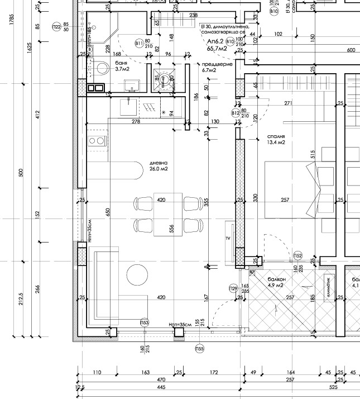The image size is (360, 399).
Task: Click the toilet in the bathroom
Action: [101, 68]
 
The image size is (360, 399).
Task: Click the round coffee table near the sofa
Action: [137, 274]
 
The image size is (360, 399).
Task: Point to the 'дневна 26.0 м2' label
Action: [159, 166]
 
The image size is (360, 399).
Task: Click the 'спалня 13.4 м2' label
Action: [276, 139]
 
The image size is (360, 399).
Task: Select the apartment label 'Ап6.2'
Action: [215, 42]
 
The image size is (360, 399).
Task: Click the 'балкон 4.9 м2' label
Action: [276, 282]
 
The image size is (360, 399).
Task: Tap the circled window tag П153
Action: [145, 323]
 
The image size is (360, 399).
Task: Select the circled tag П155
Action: [199, 349]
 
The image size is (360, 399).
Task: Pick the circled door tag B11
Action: [139, 44]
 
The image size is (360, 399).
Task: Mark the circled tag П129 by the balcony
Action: [233, 288]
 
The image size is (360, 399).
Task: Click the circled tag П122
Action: [56, 27]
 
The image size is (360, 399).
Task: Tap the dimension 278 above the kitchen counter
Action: [136, 121]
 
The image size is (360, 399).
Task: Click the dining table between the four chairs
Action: [168, 214]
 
